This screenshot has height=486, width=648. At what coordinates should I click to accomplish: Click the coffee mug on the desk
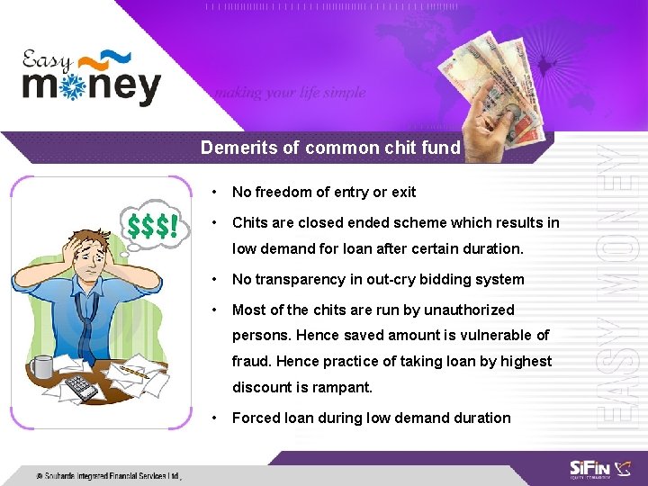pos(40,366)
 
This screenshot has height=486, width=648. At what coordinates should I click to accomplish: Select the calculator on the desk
pos(83,388)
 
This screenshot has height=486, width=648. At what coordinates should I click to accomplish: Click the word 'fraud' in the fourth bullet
pos(251,361)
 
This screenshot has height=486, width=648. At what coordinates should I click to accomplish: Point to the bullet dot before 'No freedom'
pos(213,192)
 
